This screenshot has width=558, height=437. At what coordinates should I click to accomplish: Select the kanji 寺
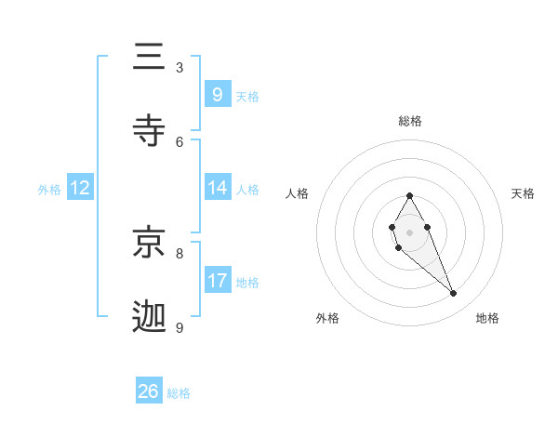pos(149,130)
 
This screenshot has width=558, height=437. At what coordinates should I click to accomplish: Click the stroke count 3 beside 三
pos(179,67)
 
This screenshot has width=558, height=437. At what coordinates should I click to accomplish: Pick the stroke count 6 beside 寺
pos(179,141)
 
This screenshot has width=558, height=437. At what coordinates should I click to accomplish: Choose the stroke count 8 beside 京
pos(179,253)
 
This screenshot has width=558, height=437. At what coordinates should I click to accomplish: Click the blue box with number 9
pos(217,94)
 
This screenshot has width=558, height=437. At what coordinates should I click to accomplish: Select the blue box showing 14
pos(217,188)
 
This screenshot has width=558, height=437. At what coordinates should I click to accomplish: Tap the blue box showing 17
pos(217,280)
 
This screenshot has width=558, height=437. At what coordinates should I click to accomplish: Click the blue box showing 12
pos(80,188)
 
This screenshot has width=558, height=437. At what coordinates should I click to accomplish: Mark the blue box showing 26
pos(149,391)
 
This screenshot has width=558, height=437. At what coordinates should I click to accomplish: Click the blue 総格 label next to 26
pos(179,393)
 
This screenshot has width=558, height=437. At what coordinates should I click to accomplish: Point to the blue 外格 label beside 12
pos(49,189)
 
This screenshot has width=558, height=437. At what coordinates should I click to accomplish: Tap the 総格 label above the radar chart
pos(409,121)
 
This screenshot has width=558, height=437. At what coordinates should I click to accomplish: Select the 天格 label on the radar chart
pos(523,193)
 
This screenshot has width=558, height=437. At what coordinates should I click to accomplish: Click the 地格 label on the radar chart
pos(487,319)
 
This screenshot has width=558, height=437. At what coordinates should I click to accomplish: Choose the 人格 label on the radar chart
pos(298,193)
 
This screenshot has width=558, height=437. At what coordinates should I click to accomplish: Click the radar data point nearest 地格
pos(454,294)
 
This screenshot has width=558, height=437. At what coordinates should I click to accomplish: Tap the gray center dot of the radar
pos(409,231)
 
